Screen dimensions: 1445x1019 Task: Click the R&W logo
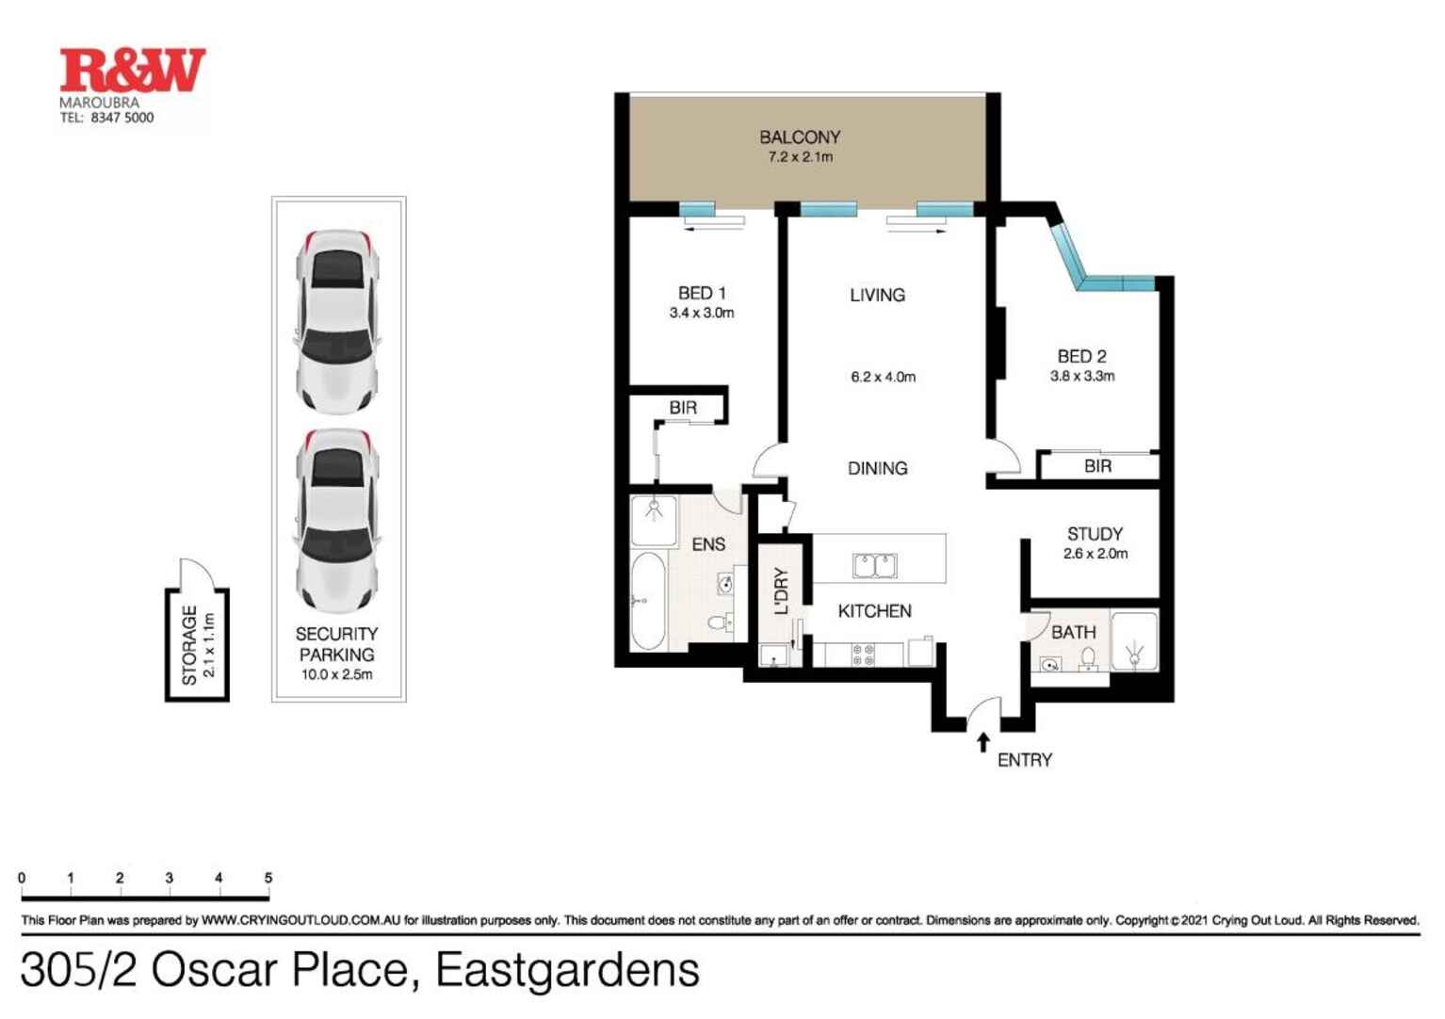point(133,71)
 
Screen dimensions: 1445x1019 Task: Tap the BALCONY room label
point(800,137)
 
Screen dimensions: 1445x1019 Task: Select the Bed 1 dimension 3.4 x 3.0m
point(702,313)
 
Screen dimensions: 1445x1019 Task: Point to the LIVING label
point(877,295)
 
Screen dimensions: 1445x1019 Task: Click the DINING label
point(877,468)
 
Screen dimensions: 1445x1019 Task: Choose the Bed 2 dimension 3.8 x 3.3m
point(1082,376)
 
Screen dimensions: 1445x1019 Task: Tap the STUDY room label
point(1095,534)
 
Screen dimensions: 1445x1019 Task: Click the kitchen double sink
point(875,566)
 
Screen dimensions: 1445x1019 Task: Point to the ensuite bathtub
point(648,601)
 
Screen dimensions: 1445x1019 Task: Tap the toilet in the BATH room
point(1088,659)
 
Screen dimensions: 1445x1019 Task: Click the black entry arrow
point(983,742)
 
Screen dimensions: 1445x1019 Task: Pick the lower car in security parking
point(336,521)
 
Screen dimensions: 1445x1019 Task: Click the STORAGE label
point(189,645)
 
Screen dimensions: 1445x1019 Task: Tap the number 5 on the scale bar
point(268,878)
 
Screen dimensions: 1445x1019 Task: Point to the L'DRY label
point(781,590)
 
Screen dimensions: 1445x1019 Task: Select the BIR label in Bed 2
point(1098,466)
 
